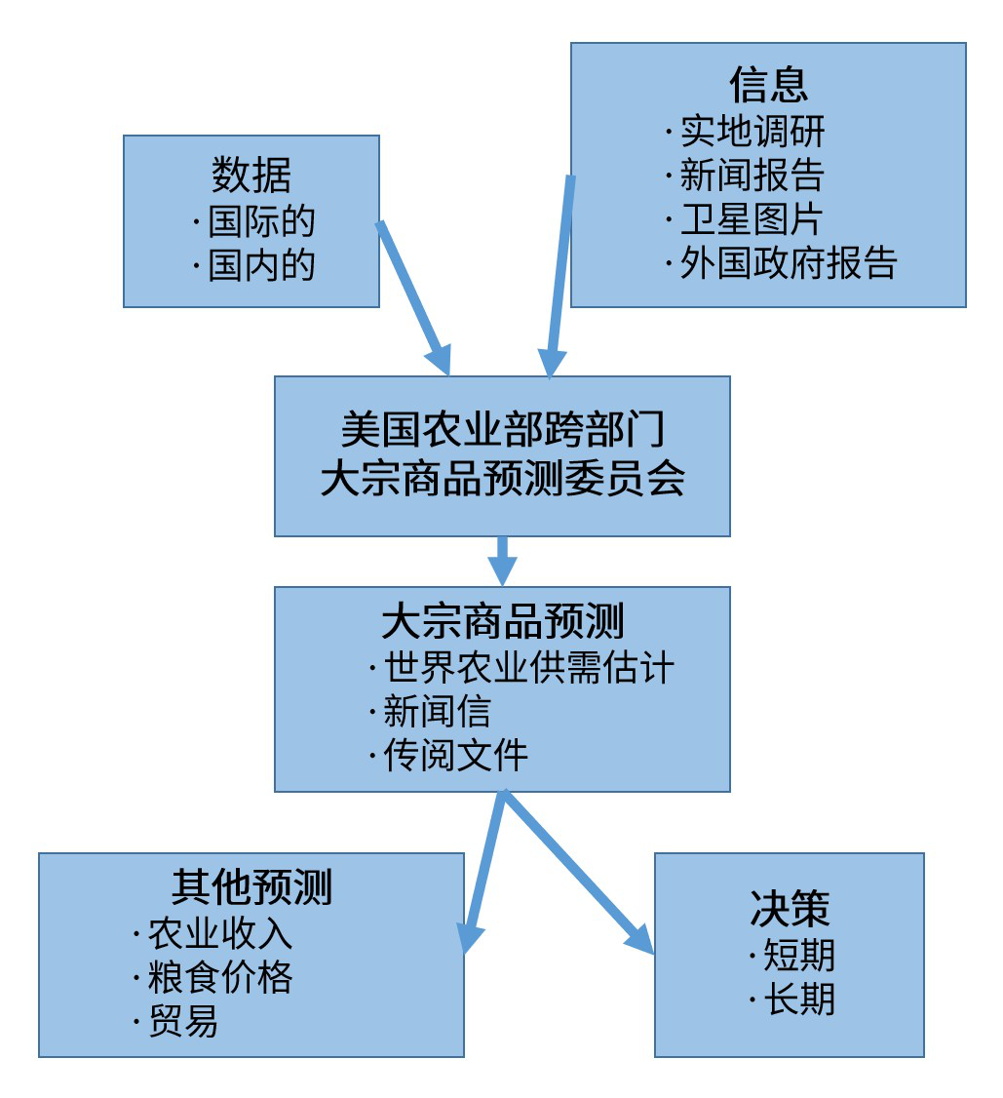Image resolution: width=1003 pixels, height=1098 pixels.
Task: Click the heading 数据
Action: point(251,176)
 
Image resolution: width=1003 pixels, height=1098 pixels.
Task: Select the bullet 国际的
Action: point(261,221)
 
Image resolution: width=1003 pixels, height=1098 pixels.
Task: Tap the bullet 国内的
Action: point(261,264)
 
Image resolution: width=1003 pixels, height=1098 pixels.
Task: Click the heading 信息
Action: point(768,85)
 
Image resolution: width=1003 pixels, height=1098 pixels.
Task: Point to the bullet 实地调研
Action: point(752,131)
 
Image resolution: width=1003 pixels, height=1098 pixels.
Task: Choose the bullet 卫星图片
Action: point(752,218)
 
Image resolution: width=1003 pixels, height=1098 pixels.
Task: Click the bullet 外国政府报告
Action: point(788,262)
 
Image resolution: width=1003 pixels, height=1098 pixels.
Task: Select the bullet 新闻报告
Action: point(752,175)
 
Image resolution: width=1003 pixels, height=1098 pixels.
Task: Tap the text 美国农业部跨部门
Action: point(503,428)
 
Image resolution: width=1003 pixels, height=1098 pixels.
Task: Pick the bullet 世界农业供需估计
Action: point(528,668)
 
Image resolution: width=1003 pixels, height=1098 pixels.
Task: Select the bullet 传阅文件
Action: point(455,755)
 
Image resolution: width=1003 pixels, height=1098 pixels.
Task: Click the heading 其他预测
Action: point(251,887)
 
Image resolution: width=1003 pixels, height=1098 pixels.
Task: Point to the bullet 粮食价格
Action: point(219,977)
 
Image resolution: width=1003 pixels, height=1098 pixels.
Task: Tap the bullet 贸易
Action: point(182,1021)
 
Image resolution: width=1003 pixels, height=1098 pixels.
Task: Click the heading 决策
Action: point(790,908)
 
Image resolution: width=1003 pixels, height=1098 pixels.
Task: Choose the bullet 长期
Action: point(798,999)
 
